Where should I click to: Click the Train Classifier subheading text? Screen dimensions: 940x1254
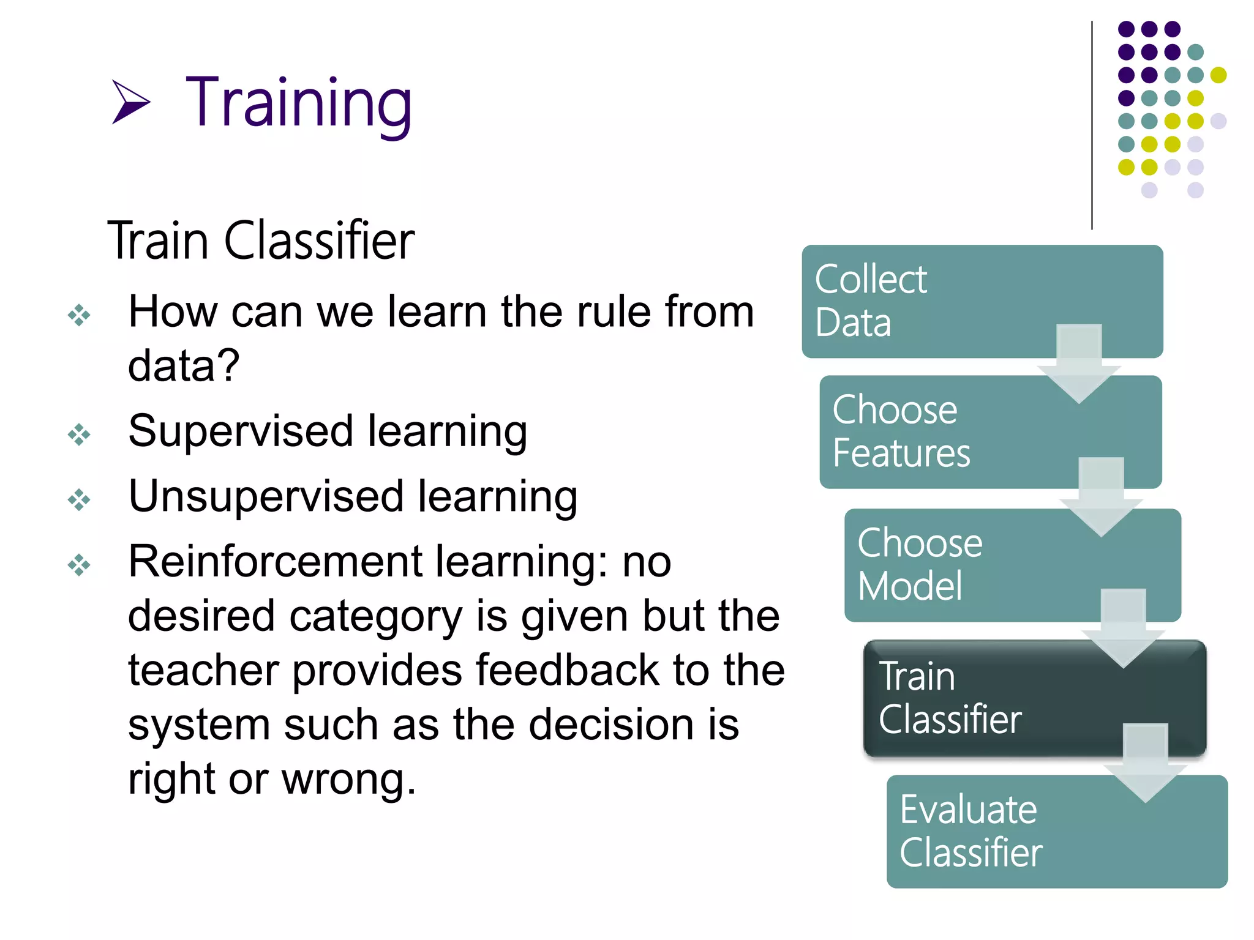(261, 241)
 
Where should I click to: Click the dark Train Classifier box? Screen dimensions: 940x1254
(992, 698)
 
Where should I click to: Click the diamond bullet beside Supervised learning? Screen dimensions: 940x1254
(79, 435)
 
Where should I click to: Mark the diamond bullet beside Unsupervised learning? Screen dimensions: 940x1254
(79, 500)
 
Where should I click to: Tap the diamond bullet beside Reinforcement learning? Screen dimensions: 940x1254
(79, 565)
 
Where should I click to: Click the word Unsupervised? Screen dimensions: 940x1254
(266, 497)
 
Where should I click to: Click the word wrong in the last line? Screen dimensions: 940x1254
(348, 780)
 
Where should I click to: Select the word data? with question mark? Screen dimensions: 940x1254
(183, 366)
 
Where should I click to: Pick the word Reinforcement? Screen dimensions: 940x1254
(275, 562)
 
